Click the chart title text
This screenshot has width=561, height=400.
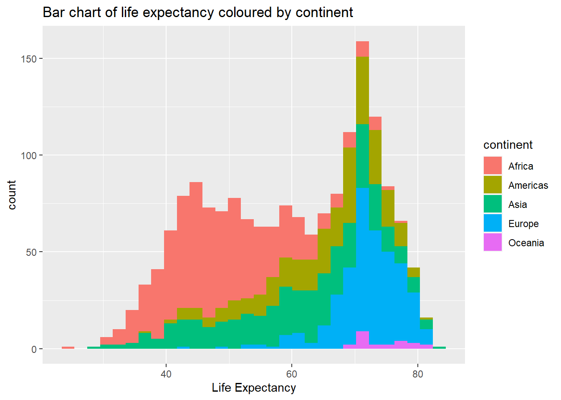(x=198, y=12)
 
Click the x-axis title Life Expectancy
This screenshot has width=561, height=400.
(x=254, y=388)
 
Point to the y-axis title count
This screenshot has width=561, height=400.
(x=12, y=195)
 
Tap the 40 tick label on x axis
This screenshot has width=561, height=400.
(x=166, y=374)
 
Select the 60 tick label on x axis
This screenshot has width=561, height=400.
(x=292, y=374)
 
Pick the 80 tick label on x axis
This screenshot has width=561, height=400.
(x=417, y=374)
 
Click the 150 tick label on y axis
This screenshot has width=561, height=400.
(x=29, y=59)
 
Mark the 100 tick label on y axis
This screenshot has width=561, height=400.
(x=29, y=155)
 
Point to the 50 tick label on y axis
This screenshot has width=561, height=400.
(x=31, y=252)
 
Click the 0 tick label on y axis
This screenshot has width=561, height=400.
(x=34, y=350)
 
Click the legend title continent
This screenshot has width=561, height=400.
(x=508, y=145)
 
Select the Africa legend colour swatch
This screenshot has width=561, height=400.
(x=493, y=165)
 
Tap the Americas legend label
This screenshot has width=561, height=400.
(x=528, y=185)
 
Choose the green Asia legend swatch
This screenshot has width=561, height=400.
(x=493, y=204)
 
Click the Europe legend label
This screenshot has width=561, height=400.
(x=523, y=224)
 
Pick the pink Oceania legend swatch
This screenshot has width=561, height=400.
(x=493, y=242)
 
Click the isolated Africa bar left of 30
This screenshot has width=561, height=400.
(x=68, y=347)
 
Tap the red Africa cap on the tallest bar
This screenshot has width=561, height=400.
(x=362, y=49)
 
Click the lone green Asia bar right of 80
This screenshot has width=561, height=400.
(x=439, y=347)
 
